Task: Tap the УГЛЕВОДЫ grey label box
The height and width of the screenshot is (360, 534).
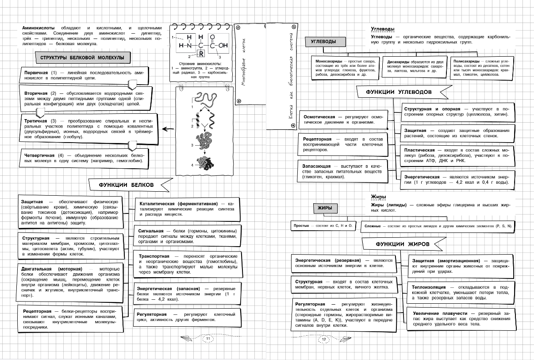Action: tap(323, 42)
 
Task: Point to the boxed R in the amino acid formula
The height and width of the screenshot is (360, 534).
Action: tap(200, 55)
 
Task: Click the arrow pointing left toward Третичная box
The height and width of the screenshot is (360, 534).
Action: tap(167, 129)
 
